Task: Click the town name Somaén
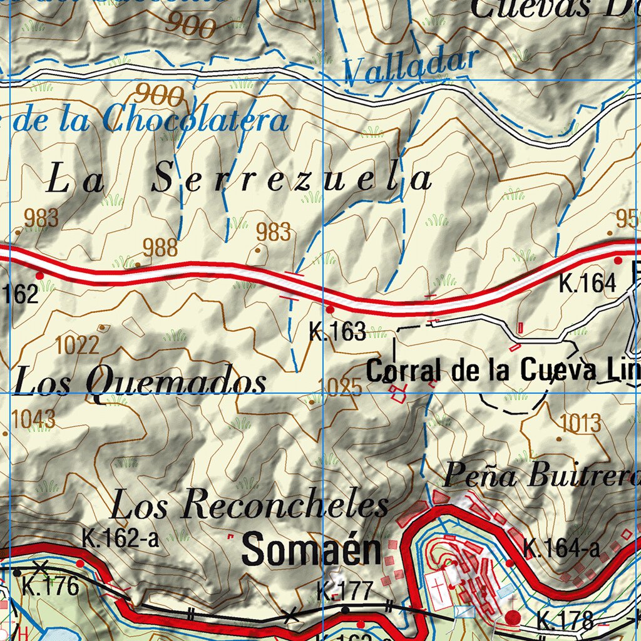pos(311,550)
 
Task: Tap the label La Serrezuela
pos(239,179)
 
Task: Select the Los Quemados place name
pos(140,382)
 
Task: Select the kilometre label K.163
pos(337,332)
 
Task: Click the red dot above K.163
pos(330,309)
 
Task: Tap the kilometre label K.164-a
pos(562,549)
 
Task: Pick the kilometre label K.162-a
pos(120,539)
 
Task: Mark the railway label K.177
pos(344,590)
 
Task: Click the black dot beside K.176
pos(17,572)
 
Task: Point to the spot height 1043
pos(33,419)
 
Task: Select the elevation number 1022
pos(77,344)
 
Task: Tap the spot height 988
pos(160,248)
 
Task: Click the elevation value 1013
pos(580,423)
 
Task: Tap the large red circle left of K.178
pos(513,618)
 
